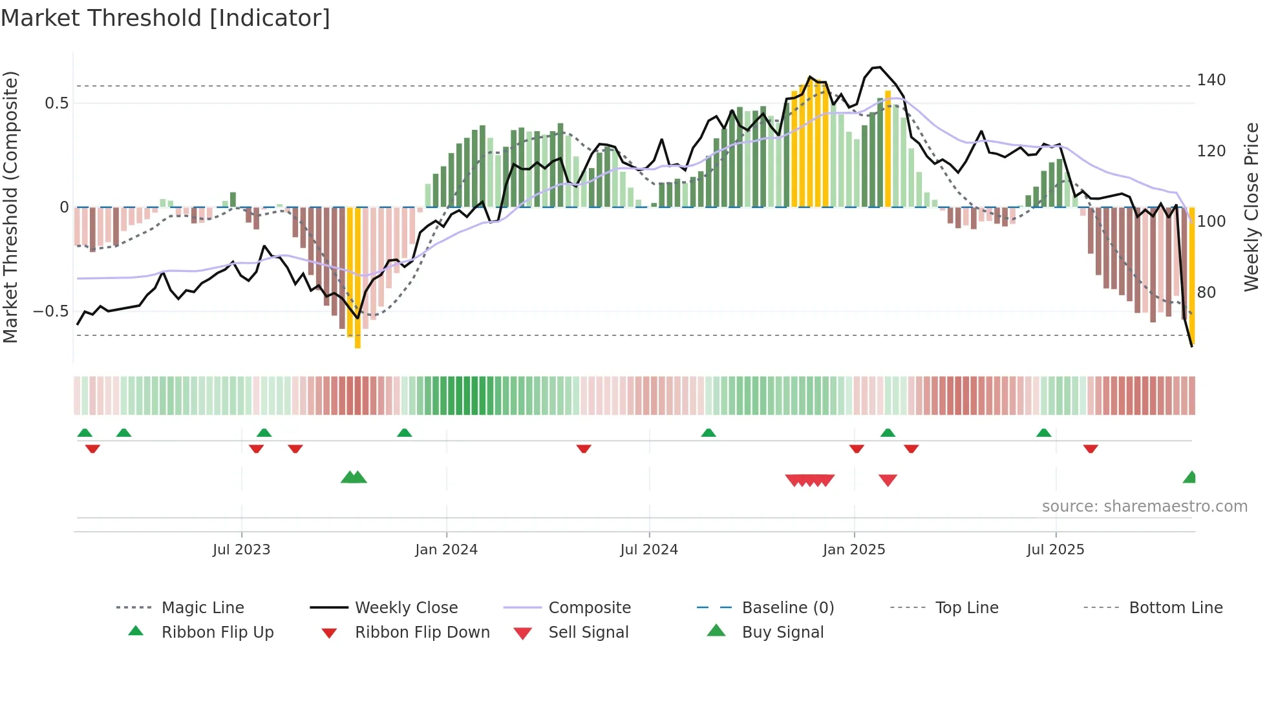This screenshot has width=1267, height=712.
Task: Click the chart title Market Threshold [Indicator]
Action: point(165,18)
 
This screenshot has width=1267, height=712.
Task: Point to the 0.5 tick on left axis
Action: point(56,103)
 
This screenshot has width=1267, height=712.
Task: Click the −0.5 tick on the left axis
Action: point(51,311)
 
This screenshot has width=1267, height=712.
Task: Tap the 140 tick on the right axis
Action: point(1211,80)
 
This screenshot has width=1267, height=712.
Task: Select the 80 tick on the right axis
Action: point(1206,293)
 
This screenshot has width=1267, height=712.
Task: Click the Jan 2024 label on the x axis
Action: point(446,550)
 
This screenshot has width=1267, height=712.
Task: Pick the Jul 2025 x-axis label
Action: point(1055,550)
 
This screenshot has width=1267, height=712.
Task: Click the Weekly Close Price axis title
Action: point(1251,207)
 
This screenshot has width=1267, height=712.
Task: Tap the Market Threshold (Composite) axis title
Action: point(10,207)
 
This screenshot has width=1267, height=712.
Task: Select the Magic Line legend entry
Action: point(202,608)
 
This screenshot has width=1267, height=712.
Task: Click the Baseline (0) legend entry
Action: point(787,608)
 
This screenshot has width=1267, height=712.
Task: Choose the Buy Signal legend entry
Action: point(782,633)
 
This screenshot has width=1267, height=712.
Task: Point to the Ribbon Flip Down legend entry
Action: point(421,633)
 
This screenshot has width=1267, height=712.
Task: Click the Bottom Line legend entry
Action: point(1175,608)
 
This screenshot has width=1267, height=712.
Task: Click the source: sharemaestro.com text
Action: point(1144,507)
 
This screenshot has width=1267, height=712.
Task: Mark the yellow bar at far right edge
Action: point(1192,275)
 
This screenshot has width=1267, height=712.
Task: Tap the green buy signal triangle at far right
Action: point(1190,477)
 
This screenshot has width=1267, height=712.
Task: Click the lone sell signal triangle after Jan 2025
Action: point(888,480)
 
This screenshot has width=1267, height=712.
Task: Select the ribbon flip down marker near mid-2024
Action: point(584,448)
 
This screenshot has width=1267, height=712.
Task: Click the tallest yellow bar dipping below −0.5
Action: point(357,278)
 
